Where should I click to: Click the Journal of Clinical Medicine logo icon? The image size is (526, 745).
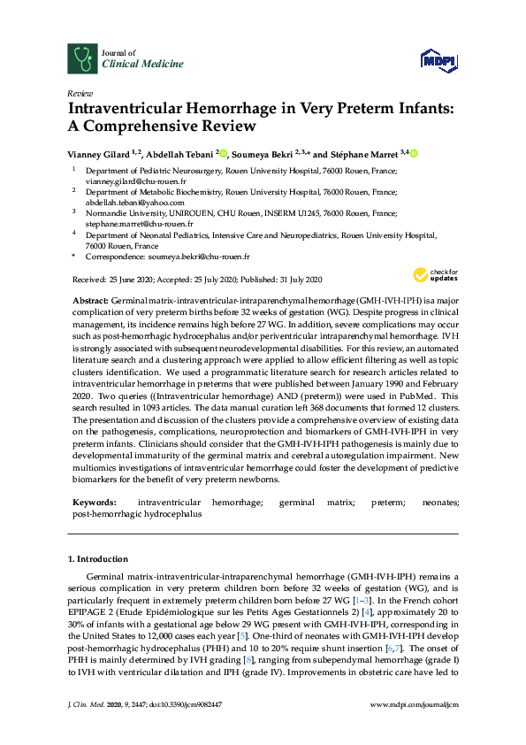pyautogui.click(x=83, y=59)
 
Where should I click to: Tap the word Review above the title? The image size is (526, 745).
pyautogui.click(x=80, y=93)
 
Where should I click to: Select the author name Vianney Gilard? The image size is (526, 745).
pyautogui.click(x=97, y=152)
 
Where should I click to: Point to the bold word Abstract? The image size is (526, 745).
pyautogui.click(x=90, y=302)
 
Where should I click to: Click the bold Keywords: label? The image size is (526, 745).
pyautogui.click(x=95, y=502)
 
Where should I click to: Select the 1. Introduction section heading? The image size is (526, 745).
pyautogui.click(x=98, y=559)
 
